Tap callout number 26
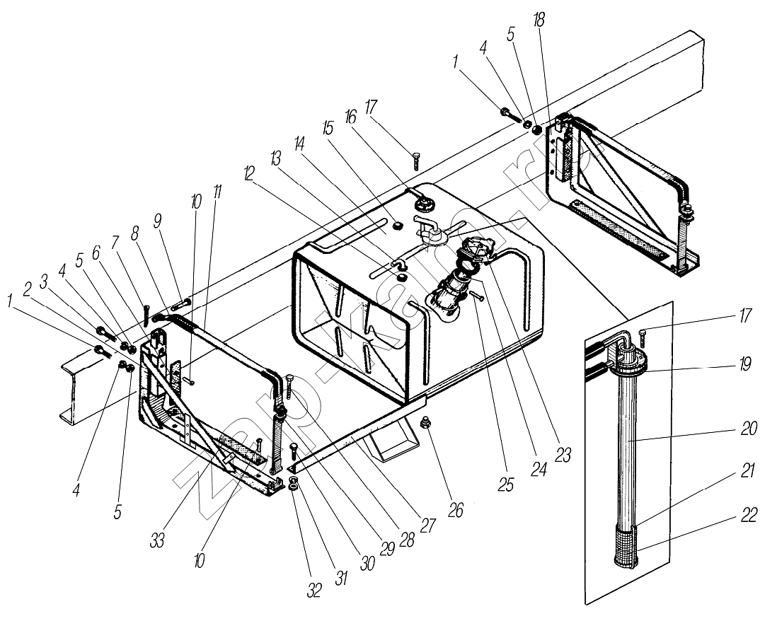(x=456, y=509)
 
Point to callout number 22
(x=749, y=515)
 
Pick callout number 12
(x=249, y=173)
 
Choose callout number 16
(x=350, y=117)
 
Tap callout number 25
(x=506, y=484)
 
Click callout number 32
(x=314, y=590)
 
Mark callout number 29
(x=386, y=548)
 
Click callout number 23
(x=563, y=455)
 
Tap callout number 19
(x=744, y=364)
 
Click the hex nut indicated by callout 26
(x=425, y=423)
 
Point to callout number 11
(x=218, y=193)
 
